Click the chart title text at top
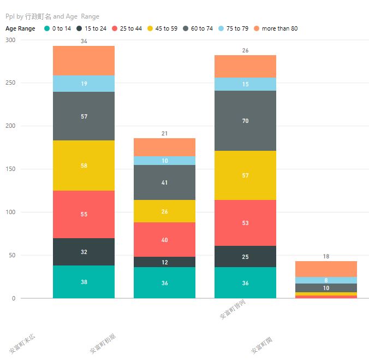tap(52, 16)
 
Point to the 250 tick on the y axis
tap(10, 83)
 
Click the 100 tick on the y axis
tap(10, 212)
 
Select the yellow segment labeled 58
tap(84, 166)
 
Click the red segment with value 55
tap(84, 214)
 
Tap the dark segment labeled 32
tap(84, 252)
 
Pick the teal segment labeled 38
tap(84, 282)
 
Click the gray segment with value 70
tap(245, 121)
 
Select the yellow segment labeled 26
tap(164, 211)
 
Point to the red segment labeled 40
tap(164, 239)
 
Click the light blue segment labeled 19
tap(84, 84)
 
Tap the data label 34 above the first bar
tap(84, 42)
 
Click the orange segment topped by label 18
tap(326, 269)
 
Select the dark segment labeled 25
tap(245, 256)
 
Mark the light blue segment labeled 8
tap(326, 280)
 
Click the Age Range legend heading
tap(20, 28)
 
